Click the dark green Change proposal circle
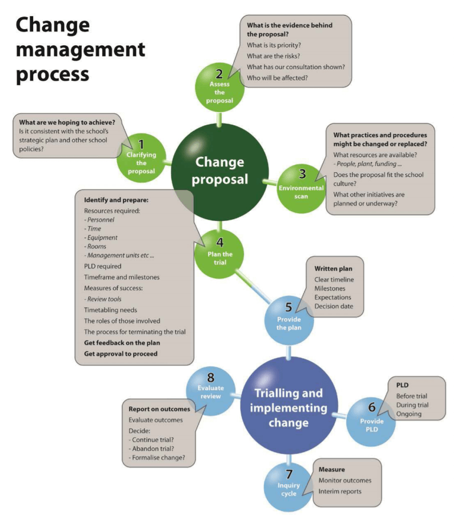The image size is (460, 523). click(219, 172)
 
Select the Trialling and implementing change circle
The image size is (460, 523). click(289, 405)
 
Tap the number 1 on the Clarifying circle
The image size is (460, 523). click(142, 144)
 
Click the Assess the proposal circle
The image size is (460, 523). click(219, 88)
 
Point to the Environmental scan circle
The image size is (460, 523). click(301, 189)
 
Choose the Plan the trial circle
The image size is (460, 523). click(219, 255)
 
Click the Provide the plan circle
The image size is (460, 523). click(289, 320)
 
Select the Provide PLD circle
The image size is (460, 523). click(371, 422)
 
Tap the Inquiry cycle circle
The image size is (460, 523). click(289, 487)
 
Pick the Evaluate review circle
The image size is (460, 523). click(210, 391)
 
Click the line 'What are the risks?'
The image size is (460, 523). click(273, 56)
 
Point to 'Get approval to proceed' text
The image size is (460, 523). click(121, 354)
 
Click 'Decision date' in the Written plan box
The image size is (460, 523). click(333, 306)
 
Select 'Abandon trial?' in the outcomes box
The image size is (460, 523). click(151, 449)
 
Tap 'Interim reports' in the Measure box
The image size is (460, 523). click(340, 492)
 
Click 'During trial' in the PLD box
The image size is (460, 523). click(412, 405)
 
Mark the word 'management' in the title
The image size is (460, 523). click(81, 50)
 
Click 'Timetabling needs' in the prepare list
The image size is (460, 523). click(110, 310)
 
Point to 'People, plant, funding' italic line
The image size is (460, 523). click(367, 164)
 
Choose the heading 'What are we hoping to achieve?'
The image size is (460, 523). click(67, 122)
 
